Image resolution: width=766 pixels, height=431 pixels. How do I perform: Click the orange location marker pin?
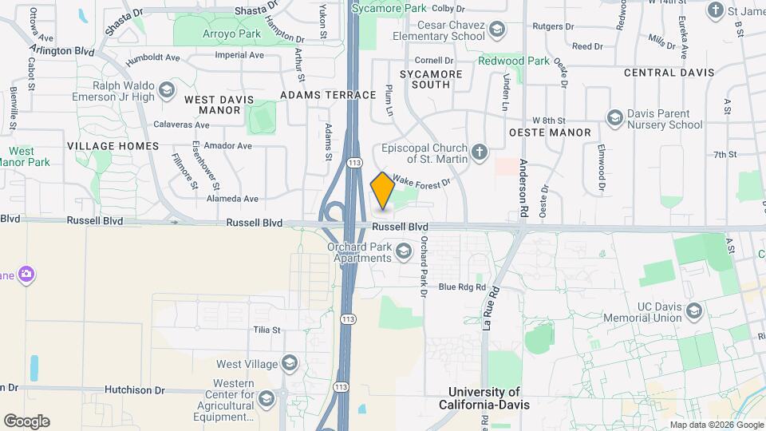tap(383, 191)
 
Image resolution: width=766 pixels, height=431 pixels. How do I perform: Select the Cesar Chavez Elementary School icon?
tap(498, 30)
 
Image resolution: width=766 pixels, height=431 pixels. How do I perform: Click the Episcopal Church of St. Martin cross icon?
tap(480, 152)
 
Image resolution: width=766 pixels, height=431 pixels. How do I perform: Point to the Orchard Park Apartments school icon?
tap(403, 252)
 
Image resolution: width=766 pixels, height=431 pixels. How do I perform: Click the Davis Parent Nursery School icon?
tap(614, 119)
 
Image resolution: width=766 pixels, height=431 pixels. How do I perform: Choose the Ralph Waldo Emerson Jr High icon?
tap(167, 88)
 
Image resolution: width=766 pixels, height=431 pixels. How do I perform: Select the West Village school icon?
tap(289, 365)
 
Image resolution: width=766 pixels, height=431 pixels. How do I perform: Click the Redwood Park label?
tap(514, 61)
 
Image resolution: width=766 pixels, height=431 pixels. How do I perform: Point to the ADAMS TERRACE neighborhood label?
tap(328, 95)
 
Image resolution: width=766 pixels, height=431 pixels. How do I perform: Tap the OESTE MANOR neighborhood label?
tap(550, 132)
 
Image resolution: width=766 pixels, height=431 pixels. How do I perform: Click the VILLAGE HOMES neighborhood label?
tap(113, 146)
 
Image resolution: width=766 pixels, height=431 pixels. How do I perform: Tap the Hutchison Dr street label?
tap(134, 390)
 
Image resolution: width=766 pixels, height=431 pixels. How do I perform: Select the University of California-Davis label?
tap(484, 398)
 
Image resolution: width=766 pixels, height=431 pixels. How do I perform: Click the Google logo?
tap(26, 421)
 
